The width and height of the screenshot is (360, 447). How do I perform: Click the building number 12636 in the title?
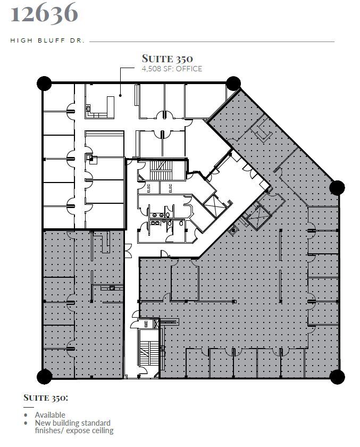(x=44, y=13)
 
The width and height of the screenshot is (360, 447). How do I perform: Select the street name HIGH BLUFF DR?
(x=47, y=40)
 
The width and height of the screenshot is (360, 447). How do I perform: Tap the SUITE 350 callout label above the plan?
(x=167, y=59)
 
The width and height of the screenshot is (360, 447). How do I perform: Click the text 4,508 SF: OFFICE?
(x=171, y=69)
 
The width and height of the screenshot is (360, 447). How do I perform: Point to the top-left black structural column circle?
(x=44, y=83)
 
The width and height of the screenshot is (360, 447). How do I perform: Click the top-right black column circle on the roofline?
(x=233, y=82)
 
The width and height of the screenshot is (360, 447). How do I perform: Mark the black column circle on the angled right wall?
(x=337, y=187)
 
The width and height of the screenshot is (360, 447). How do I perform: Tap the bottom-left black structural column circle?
(x=44, y=376)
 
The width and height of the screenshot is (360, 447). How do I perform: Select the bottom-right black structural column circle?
(x=337, y=376)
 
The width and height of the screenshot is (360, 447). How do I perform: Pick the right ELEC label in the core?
(x=170, y=187)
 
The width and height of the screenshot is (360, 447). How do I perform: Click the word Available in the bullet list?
(x=50, y=415)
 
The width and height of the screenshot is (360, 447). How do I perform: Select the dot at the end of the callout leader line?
(x=120, y=95)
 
